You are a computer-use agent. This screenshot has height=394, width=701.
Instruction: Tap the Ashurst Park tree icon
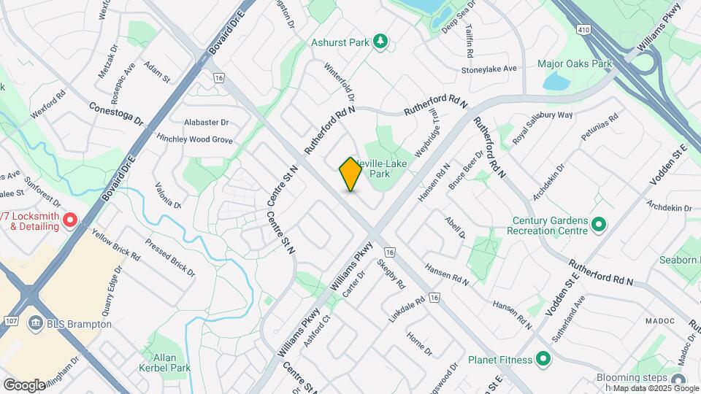point(379,42)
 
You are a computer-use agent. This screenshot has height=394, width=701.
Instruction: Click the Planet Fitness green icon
point(543,358)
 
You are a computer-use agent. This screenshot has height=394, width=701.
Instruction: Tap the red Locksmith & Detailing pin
point(70,219)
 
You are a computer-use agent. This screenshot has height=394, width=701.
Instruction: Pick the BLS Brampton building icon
point(34,323)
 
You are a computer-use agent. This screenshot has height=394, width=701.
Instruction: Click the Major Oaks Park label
point(574,64)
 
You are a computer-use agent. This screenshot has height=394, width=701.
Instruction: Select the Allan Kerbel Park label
point(164,363)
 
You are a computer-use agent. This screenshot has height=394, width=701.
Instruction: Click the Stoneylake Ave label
point(489,69)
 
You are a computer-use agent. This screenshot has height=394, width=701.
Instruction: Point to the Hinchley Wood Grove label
point(194,139)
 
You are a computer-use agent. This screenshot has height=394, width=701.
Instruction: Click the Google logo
point(24,385)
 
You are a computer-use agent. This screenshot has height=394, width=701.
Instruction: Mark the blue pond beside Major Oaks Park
point(556,81)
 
